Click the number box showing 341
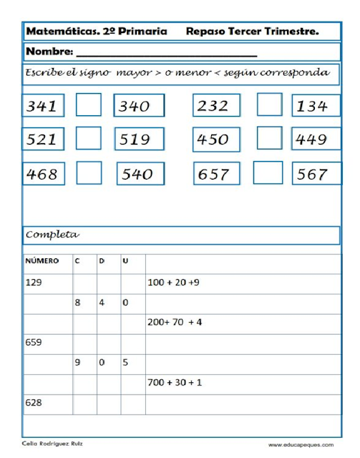42,106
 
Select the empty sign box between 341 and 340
89,106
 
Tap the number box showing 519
139,139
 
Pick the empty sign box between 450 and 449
270,138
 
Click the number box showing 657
213,173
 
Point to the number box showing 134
316,106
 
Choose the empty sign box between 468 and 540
89,173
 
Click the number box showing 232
213,106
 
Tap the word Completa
52,235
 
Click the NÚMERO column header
42,262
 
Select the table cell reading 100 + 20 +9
173,283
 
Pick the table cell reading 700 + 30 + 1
175,383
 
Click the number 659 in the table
34,342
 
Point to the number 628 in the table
34,403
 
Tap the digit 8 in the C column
78,303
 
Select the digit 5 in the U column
125,363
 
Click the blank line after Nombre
166,53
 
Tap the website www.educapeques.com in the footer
306,444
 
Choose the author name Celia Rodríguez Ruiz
52,444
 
